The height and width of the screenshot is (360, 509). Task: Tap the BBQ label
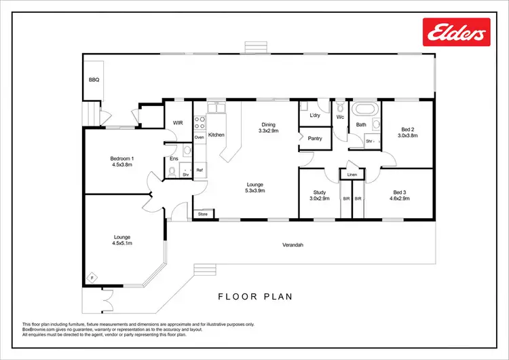tap(94, 79)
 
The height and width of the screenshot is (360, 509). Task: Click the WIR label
tap(178, 123)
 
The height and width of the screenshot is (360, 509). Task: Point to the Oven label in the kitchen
tap(200, 138)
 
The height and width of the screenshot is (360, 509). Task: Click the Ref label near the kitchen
tap(200, 170)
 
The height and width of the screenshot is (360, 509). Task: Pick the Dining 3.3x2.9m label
tap(269, 127)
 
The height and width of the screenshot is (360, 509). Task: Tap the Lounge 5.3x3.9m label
tap(255, 187)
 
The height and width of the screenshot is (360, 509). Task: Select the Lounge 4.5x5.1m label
tap(122, 240)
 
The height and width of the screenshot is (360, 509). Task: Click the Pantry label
tap(314, 139)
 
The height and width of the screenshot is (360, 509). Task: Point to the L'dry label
tap(315, 115)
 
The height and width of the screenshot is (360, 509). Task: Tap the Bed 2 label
tap(407, 132)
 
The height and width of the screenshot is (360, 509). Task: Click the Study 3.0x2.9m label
tap(320, 196)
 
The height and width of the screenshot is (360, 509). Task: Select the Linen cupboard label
tap(352, 175)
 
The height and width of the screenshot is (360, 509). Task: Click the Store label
tap(202, 215)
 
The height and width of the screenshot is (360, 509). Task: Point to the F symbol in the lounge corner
tap(93, 277)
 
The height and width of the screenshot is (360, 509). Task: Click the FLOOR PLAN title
tap(254, 296)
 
